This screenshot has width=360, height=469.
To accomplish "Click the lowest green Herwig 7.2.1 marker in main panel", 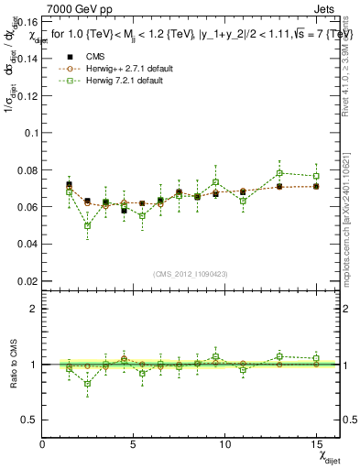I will click(87, 225).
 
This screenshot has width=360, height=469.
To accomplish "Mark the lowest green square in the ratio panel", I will click(87, 384).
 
